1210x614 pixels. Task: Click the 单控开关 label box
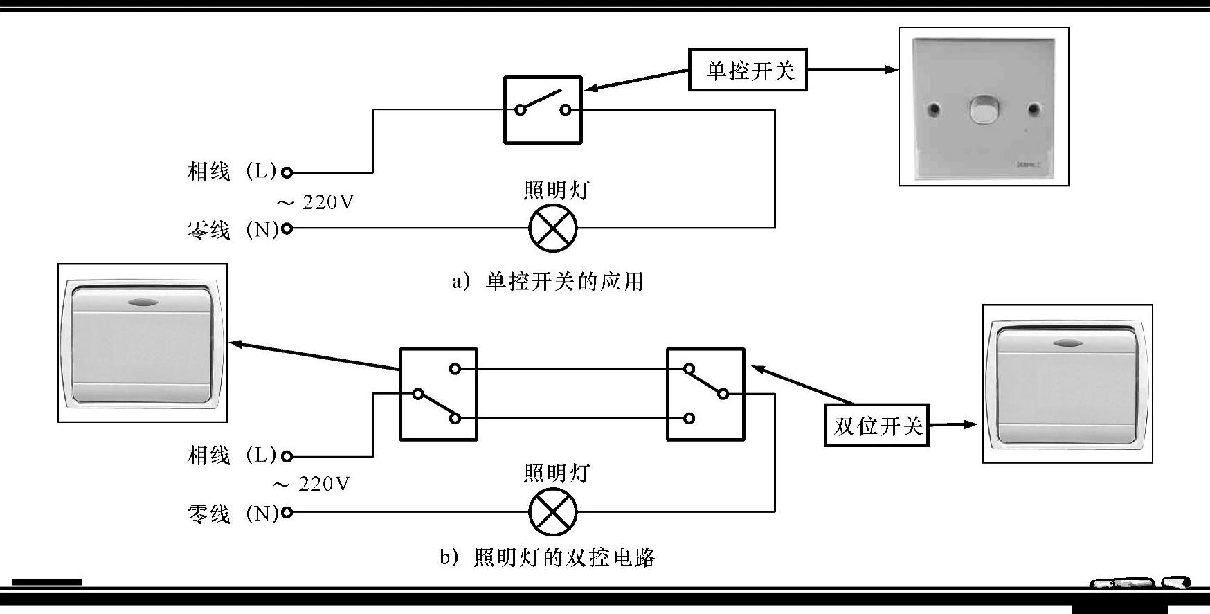(x=748, y=69)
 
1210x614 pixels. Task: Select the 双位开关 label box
(x=876, y=425)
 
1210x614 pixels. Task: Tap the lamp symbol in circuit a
(x=552, y=228)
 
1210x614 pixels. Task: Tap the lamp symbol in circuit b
(x=552, y=512)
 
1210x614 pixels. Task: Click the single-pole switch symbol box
(x=543, y=110)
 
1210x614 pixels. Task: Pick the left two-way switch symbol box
(x=438, y=395)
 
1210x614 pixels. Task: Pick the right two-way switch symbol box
(x=705, y=395)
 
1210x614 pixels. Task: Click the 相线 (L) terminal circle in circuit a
(x=287, y=172)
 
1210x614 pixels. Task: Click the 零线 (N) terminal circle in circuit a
(x=287, y=228)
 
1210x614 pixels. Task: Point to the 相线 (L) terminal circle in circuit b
(x=287, y=456)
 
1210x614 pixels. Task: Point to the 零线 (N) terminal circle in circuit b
(x=287, y=512)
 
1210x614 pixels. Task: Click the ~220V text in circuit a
(x=316, y=202)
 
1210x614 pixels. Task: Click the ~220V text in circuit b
(x=311, y=484)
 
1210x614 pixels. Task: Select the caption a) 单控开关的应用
(x=548, y=282)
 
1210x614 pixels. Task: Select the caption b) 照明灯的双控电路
(x=547, y=557)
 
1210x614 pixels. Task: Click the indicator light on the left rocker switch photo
(x=142, y=302)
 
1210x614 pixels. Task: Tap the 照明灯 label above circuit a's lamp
(x=557, y=190)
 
